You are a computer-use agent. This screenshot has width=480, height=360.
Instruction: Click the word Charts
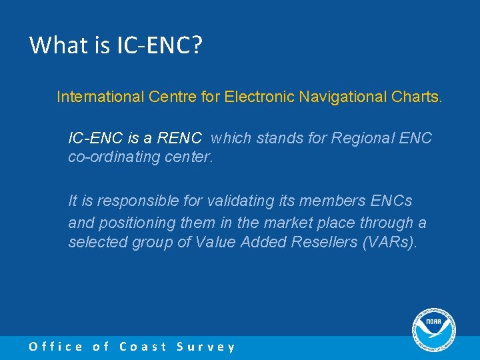(416, 97)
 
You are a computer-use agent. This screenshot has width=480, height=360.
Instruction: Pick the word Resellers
(324, 242)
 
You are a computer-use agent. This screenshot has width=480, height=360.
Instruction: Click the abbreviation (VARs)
(389, 242)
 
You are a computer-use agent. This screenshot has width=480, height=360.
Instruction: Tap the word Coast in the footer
(143, 347)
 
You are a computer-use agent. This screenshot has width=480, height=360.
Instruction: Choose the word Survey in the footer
(206, 347)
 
